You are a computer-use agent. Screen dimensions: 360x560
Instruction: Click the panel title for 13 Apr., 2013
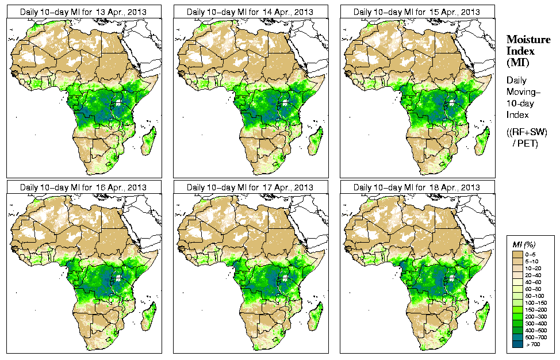(83, 12)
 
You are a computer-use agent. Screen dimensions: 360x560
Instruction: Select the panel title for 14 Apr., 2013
(250, 12)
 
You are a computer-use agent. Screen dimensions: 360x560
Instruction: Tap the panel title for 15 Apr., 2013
(416, 12)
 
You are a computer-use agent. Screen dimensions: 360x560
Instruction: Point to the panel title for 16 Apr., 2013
(83, 187)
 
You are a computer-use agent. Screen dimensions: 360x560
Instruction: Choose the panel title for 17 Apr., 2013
(250, 187)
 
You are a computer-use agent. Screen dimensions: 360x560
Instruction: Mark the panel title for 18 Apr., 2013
(416, 187)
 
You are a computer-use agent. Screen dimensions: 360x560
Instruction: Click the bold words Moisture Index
(528, 45)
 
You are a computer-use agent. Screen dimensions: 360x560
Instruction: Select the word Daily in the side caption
(516, 81)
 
